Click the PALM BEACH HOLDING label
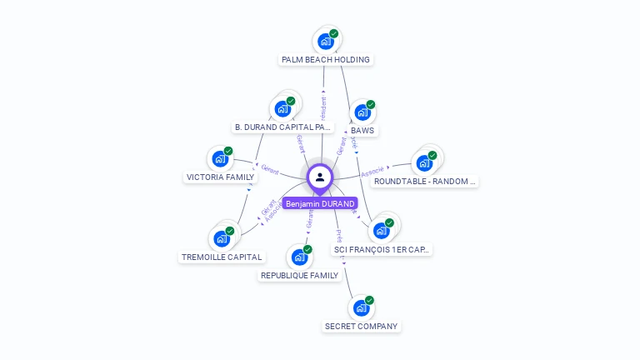pyautogui.click(x=326, y=60)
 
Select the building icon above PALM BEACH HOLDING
pyautogui.click(x=326, y=41)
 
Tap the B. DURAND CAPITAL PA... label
pyautogui.click(x=283, y=127)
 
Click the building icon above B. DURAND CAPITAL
pyautogui.click(x=283, y=108)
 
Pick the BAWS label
pyautogui.click(x=362, y=131)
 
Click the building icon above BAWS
pyautogui.click(x=362, y=112)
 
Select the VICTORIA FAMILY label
pyautogui.click(x=220, y=177)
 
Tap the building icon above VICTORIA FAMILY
pyautogui.click(x=220, y=158)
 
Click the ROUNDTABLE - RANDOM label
pyautogui.click(x=424, y=181)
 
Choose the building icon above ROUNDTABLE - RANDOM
pyautogui.click(x=425, y=162)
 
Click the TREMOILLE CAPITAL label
pyautogui.click(x=222, y=257)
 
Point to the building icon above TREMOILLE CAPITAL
pyautogui.click(x=222, y=238)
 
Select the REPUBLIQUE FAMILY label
pyautogui.click(x=299, y=276)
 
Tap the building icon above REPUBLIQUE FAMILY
pyautogui.click(x=299, y=257)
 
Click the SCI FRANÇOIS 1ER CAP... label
pyautogui.click(x=382, y=249)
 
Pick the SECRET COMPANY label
pyautogui.click(x=361, y=327)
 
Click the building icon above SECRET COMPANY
pyautogui.click(x=361, y=307)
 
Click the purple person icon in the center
pyautogui.click(x=320, y=177)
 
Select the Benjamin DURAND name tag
pyautogui.click(x=320, y=203)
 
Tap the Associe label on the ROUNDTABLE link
pyautogui.click(x=372, y=172)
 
